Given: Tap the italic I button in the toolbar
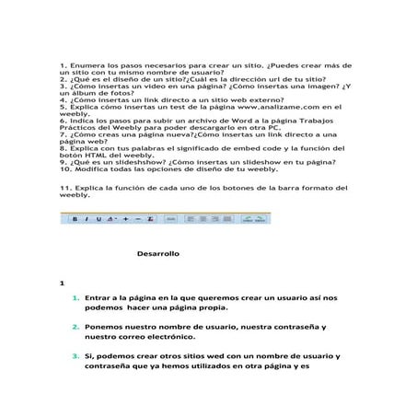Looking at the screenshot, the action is [86, 220].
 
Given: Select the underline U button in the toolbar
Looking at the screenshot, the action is [96, 220].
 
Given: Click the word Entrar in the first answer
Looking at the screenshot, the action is [98, 298].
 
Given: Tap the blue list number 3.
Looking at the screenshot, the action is [75, 356].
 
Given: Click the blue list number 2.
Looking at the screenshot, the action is [75, 328].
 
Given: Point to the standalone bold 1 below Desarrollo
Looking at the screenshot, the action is [61, 283].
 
